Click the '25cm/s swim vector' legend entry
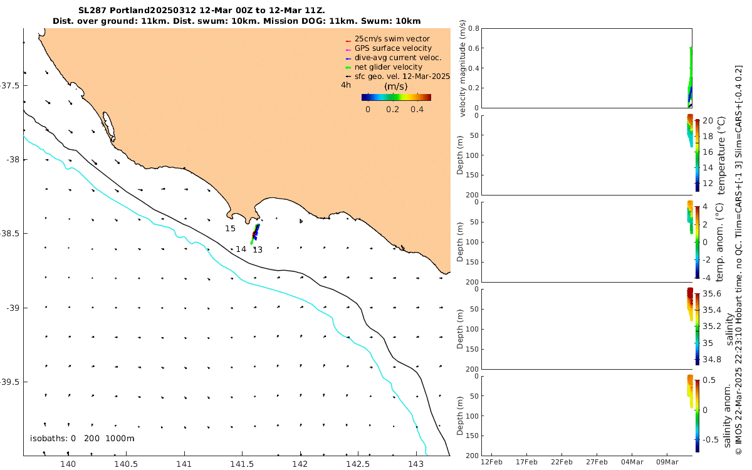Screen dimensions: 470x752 point(392,39)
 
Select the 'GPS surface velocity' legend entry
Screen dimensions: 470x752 point(393,48)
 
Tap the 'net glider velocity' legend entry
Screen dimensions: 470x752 point(388,67)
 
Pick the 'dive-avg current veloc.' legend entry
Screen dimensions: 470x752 point(398,58)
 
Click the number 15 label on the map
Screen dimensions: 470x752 point(230,229)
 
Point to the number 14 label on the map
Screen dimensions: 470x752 point(241,249)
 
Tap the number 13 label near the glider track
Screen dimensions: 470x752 point(257,249)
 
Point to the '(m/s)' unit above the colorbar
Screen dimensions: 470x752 point(396,86)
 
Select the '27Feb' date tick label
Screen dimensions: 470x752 point(597,462)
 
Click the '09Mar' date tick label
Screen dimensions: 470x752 point(667,462)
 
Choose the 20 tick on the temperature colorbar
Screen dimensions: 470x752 point(706,120)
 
